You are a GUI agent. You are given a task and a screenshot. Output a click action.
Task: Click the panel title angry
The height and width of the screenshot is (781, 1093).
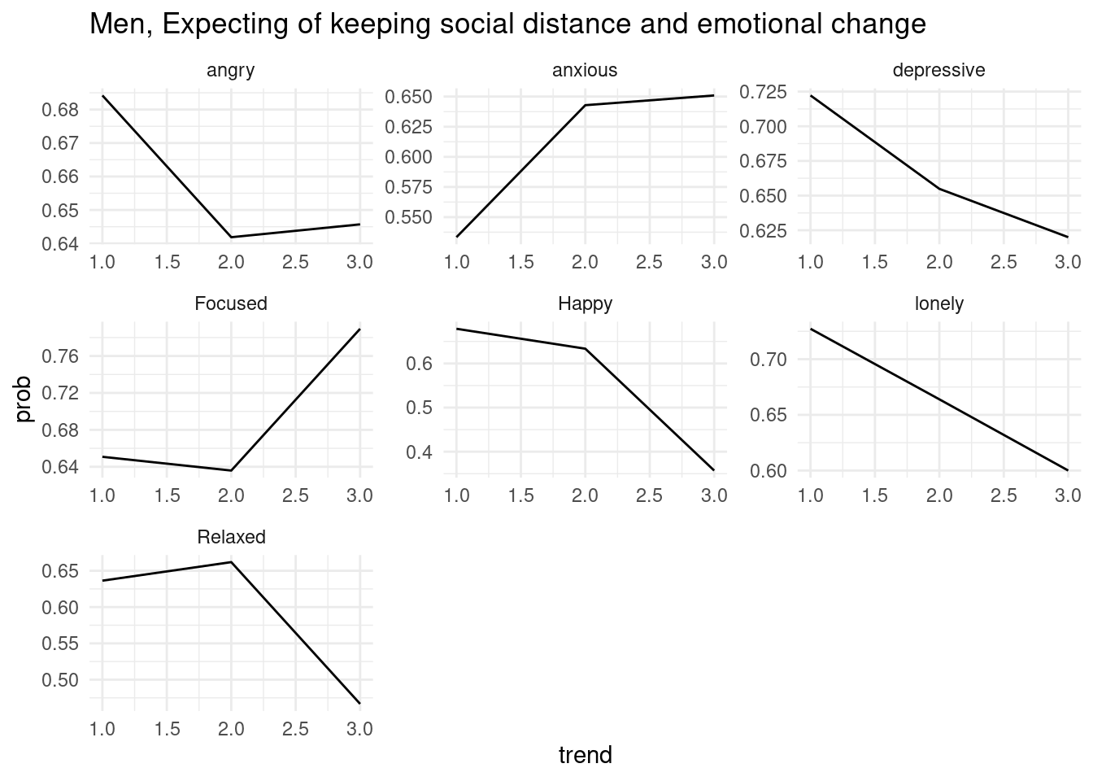coord(231,71)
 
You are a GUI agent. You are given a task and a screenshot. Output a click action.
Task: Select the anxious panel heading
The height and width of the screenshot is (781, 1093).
coord(585,71)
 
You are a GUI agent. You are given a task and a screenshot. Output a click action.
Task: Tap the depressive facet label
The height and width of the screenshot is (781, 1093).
coord(938,71)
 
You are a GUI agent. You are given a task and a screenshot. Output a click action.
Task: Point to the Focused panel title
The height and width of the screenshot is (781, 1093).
coord(231,304)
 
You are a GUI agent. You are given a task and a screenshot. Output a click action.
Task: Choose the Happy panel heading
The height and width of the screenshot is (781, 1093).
coord(585,304)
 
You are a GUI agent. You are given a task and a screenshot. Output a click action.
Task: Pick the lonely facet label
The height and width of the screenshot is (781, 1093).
coord(938,304)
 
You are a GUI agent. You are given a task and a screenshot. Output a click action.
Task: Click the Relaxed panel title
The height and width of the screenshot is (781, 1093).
coord(231,538)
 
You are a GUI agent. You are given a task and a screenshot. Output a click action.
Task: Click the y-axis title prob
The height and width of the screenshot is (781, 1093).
coord(24,399)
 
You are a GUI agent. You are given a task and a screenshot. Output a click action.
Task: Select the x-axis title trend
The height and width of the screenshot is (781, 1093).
coord(585,756)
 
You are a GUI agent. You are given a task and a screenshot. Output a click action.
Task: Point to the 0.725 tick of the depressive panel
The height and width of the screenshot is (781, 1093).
coord(764,91)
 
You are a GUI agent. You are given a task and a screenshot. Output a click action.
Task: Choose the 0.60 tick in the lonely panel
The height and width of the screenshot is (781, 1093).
coord(770,472)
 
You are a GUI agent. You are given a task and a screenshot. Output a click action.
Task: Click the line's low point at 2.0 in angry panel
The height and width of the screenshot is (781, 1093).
coord(231,237)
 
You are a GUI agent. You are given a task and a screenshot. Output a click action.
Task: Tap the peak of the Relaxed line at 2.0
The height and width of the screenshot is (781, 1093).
coord(231,562)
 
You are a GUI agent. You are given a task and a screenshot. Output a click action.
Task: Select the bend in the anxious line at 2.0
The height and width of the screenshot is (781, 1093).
coord(585,105)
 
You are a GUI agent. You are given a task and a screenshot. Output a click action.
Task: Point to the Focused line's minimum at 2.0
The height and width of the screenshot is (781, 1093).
coord(231,470)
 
